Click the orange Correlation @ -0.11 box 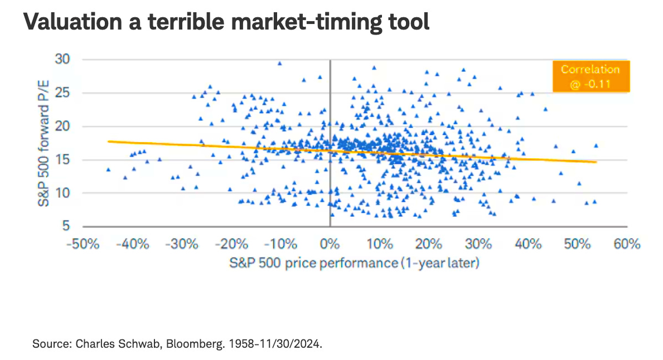[590, 77]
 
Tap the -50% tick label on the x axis [83, 244]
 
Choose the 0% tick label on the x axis [330, 244]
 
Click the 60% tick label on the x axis [627, 244]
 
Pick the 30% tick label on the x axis [478, 244]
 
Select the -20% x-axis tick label [231, 244]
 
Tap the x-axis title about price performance [354, 262]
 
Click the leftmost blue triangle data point [108, 169]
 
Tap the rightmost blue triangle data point [596, 145]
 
